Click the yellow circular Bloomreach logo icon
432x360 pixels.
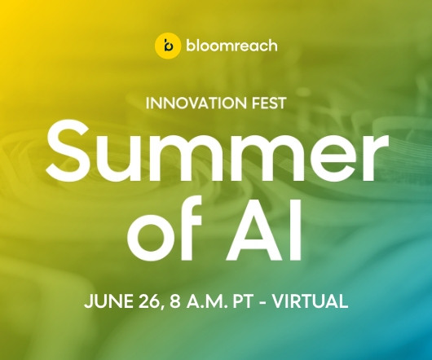tap(168, 46)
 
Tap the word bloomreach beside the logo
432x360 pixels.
tap(231, 45)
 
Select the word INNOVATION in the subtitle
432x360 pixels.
tap(196, 103)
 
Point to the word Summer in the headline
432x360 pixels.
tap(218, 152)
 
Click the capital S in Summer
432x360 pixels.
tap(69, 152)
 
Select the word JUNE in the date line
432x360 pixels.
tap(108, 301)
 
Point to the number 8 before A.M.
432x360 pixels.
tap(175, 301)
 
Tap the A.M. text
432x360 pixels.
tap(208, 301)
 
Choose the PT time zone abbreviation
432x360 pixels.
tap(243, 301)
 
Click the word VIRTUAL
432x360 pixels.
tap(310, 301)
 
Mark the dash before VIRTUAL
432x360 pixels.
tap(262, 303)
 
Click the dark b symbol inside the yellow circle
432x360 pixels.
tap(168, 46)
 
